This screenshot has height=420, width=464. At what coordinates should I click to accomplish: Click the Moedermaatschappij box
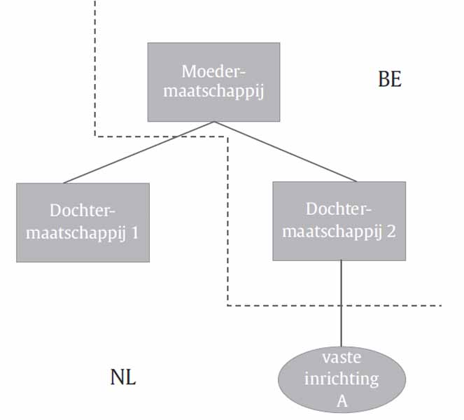(x=213, y=81)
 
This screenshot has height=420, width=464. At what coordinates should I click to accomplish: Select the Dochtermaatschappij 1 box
(x=83, y=222)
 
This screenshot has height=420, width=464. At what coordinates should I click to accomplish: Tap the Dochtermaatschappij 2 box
(x=339, y=220)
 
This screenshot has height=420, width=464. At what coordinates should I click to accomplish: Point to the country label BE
(x=390, y=79)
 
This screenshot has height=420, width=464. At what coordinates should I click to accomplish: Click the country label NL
(x=123, y=378)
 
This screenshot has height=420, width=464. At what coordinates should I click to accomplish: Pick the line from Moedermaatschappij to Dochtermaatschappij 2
(x=286, y=152)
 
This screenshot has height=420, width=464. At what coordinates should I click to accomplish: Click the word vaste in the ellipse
(x=341, y=357)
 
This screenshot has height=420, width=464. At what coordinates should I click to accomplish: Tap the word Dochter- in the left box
(x=82, y=210)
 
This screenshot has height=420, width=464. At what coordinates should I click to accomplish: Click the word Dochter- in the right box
(x=339, y=209)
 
